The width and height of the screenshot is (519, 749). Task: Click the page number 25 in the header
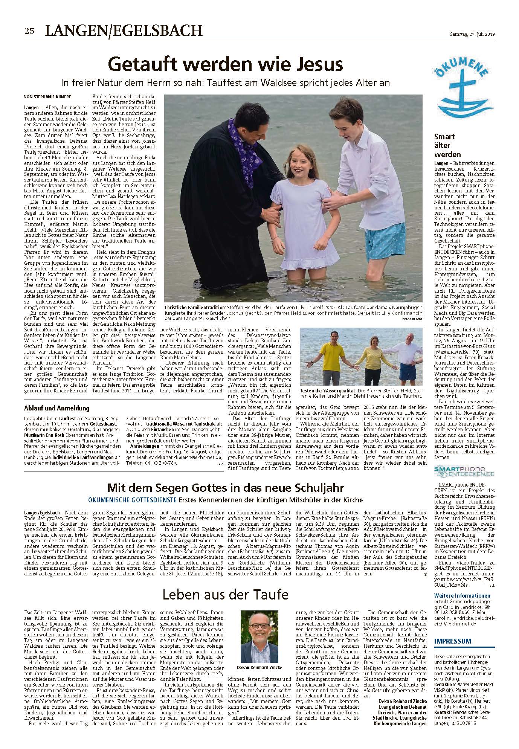[29, 31]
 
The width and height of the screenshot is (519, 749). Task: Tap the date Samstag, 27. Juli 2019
[472, 34]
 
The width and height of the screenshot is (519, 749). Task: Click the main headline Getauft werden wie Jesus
[225, 64]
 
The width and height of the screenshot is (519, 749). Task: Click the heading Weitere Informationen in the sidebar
[462, 596]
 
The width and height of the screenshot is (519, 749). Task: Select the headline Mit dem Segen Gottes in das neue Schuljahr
[225, 488]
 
